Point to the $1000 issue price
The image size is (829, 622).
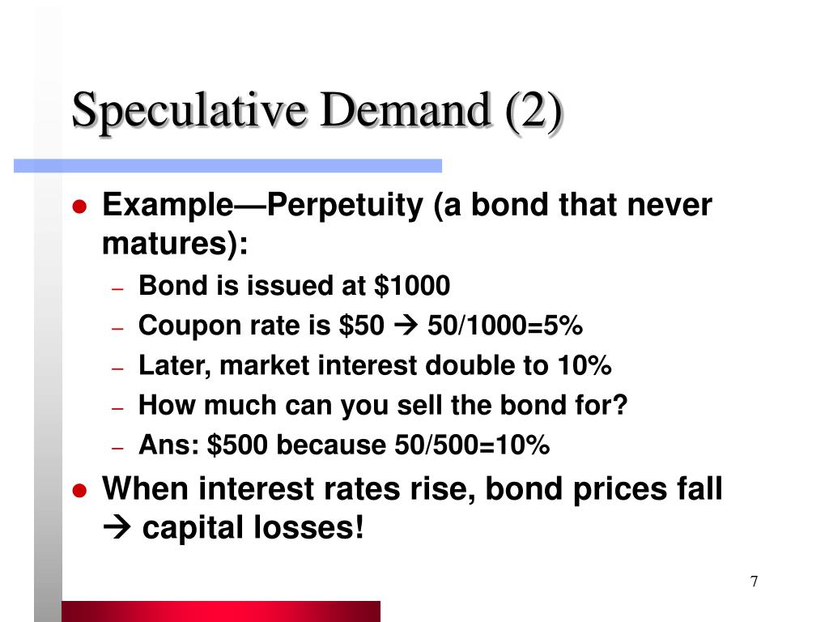click(412, 286)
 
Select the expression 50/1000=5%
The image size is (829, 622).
click(505, 326)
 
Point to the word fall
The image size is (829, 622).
click(695, 488)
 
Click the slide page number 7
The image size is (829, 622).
click(755, 582)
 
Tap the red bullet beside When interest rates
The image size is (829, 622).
click(79, 490)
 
